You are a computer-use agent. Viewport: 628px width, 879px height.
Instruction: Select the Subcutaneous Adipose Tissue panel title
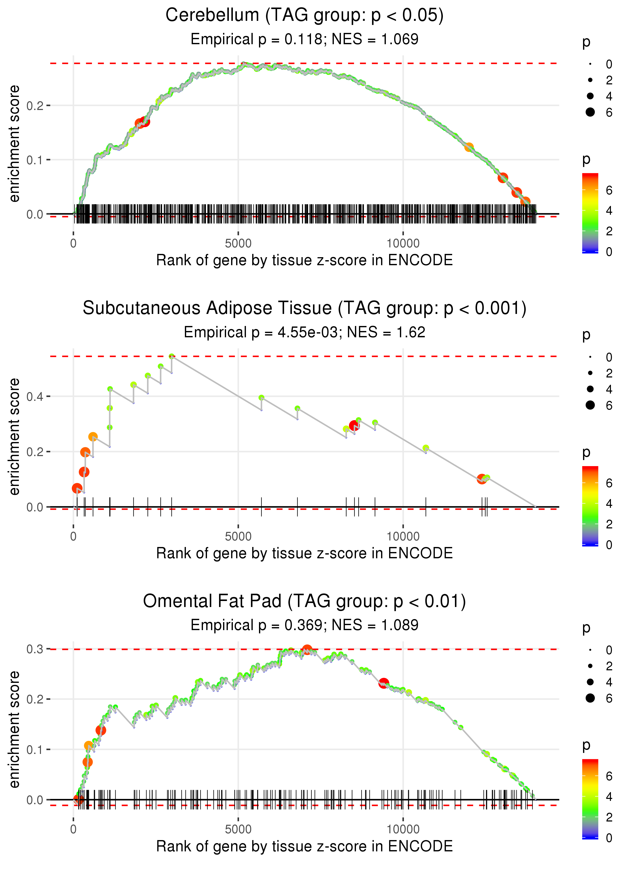tap(304, 308)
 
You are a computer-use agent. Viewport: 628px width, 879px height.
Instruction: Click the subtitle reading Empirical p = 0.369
tap(304, 625)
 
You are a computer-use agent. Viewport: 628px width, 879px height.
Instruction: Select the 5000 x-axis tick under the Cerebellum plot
tap(238, 244)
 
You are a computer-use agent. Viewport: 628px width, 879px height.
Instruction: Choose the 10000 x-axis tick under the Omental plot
tap(403, 830)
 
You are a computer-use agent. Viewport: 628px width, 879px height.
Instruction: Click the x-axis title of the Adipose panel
tap(304, 553)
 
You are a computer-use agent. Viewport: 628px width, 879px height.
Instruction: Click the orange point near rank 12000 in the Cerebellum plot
tap(469, 147)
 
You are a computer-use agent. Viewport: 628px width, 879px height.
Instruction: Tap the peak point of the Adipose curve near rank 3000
tap(172, 356)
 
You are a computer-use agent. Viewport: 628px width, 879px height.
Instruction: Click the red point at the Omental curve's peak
tap(307, 650)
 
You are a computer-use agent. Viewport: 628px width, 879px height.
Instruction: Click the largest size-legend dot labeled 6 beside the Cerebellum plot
tap(590, 112)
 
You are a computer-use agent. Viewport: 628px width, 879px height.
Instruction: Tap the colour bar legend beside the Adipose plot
tap(590, 506)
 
